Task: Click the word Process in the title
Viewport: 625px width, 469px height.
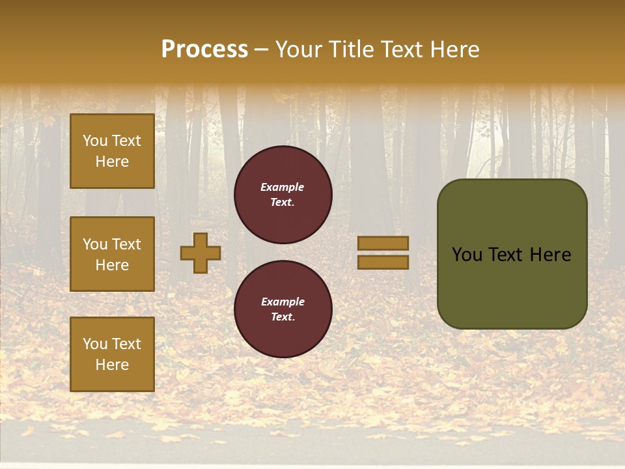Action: click(x=204, y=50)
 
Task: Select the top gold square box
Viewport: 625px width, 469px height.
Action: click(x=112, y=151)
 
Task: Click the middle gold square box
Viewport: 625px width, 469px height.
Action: click(x=112, y=254)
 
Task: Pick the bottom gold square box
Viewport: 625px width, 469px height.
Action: click(x=112, y=354)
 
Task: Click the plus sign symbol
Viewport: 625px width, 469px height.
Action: click(x=201, y=253)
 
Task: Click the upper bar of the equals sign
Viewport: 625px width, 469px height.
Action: click(x=383, y=244)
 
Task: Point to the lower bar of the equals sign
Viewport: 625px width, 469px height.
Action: click(x=383, y=262)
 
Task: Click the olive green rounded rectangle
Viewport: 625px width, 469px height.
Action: click(x=512, y=287)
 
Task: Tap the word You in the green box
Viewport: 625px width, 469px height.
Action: click(x=467, y=255)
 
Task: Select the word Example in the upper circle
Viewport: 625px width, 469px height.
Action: click(x=283, y=187)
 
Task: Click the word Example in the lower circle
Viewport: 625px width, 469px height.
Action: click(x=283, y=302)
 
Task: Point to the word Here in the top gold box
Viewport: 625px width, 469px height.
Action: click(x=112, y=162)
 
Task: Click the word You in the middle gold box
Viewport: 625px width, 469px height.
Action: click(x=95, y=244)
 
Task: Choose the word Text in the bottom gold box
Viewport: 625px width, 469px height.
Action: click(x=126, y=344)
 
